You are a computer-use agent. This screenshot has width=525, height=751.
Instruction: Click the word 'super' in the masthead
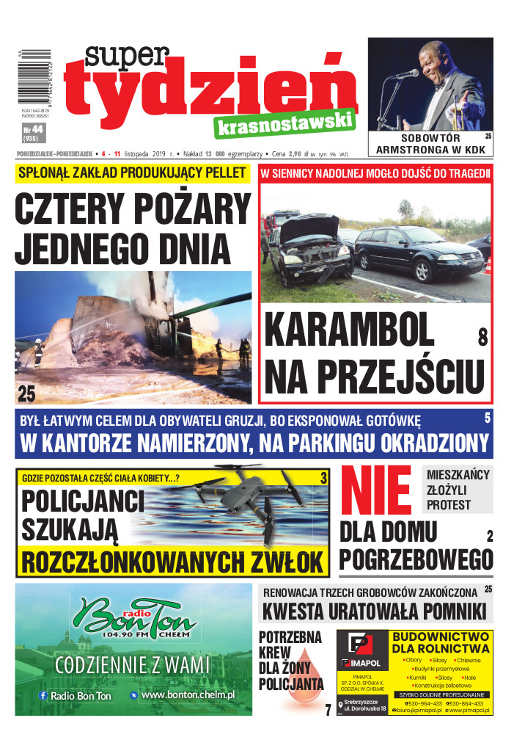coord(126,58)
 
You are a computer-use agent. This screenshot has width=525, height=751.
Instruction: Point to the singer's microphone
coord(407,75)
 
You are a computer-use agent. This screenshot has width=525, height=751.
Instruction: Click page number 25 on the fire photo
coord(26,393)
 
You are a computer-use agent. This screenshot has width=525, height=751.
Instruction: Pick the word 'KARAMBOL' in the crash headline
coord(348,331)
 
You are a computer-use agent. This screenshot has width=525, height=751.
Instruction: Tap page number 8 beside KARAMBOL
coord(482,337)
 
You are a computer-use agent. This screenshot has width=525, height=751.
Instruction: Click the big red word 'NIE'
coord(378,490)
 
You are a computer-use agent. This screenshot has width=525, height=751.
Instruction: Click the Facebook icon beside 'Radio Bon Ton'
coord(43,694)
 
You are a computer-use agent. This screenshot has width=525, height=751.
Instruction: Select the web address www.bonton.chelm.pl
coord(188,694)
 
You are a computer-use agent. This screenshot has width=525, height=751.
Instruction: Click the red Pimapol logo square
coord(360,647)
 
